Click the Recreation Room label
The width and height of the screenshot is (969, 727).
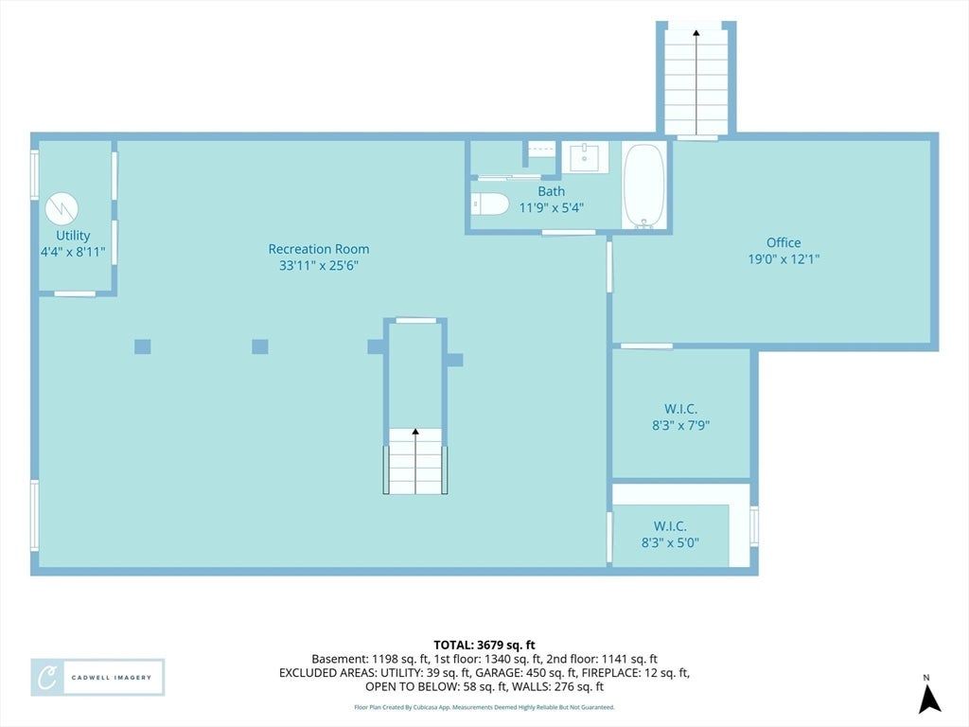[x=319, y=249]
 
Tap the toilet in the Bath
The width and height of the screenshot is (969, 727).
[x=489, y=204]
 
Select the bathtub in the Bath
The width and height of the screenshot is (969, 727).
[x=643, y=186]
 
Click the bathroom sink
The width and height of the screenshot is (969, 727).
[x=585, y=156]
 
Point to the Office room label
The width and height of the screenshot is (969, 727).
[x=784, y=243]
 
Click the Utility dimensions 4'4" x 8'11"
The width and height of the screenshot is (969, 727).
[x=73, y=252]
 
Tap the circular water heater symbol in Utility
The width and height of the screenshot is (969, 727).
[x=62, y=208]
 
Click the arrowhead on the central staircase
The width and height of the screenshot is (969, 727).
[x=415, y=432]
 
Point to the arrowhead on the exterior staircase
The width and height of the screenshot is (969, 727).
[x=696, y=33]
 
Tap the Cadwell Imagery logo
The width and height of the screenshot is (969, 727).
[x=97, y=678]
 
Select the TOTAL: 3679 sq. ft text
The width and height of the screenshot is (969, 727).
[x=484, y=646]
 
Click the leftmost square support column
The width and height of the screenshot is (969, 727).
[x=143, y=346]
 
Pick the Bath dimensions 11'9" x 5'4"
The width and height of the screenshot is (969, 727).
[x=552, y=207]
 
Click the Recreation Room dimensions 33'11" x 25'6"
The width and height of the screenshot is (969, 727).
[x=319, y=266]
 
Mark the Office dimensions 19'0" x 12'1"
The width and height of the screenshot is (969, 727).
[x=784, y=259]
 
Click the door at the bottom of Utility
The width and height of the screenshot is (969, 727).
[x=74, y=293]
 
